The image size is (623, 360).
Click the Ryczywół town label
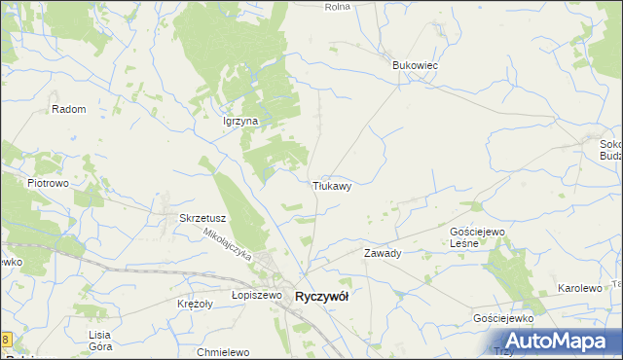321,297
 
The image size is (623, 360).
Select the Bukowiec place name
416,64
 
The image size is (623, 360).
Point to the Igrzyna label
239,121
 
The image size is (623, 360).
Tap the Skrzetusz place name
203,218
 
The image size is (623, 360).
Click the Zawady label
383,253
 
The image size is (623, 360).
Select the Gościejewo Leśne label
477,237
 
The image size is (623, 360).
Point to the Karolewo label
580,289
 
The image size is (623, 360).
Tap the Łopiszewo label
256,294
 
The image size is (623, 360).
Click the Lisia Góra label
100,341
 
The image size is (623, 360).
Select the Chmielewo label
224,351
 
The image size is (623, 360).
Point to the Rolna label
337,6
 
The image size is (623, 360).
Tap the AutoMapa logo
561,342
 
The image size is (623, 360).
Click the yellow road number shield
5,340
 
